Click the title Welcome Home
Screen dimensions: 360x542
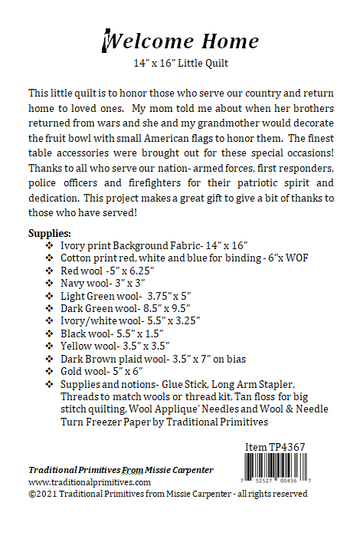(180, 41)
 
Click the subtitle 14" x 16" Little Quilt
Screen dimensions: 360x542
(181, 64)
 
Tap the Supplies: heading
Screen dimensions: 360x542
(50, 233)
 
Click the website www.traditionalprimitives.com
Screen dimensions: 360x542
(90, 482)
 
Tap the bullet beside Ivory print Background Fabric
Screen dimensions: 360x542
(50, 246)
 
